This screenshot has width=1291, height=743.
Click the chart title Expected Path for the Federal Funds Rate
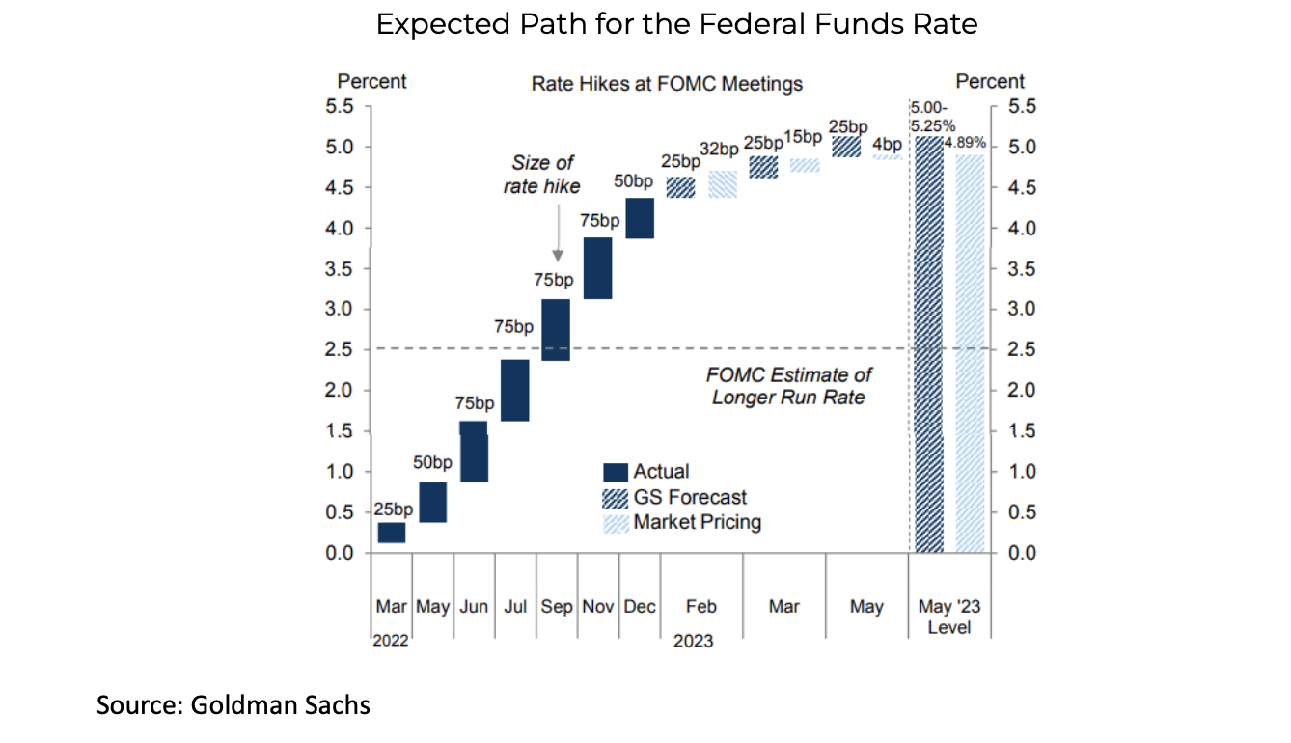pyautogui.click(x=676, y=24)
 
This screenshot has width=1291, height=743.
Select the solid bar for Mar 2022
pyautogui.click(x=392, y=533)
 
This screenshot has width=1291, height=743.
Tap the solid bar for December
pyautogui.click(x=639, y=218)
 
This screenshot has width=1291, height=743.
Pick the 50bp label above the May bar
pyautogui.click(x=432, y=463)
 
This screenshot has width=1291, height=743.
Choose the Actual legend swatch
pyautogui.click(x=616, y=472)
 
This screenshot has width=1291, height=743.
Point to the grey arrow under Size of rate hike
pyautogui.click(x=558, y=232)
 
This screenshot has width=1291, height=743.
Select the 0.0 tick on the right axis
pyautogui.click(x=1020, y=553)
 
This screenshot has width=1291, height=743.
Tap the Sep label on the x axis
pyautogui.click(x=556, y=607)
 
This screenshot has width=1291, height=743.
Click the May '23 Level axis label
pyautogui.click(x=949, y=617)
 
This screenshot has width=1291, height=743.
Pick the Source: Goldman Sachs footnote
pyautogui.click(x=233, y=705)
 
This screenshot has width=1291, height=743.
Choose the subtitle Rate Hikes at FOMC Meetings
pyautogui.click(x=667, y=84)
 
